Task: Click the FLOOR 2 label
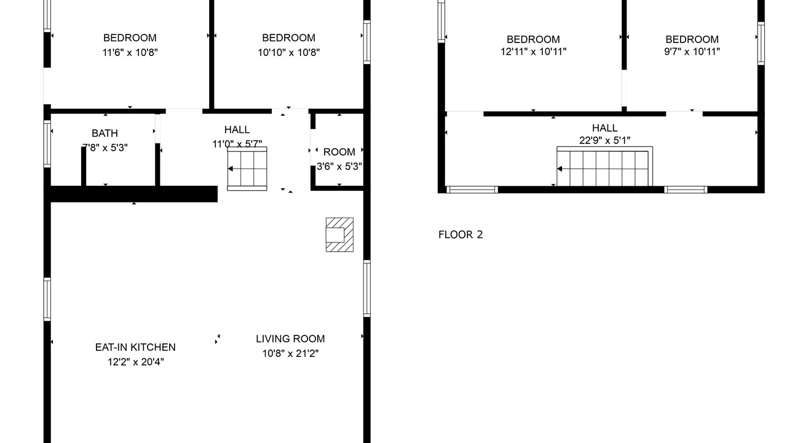(461, 234)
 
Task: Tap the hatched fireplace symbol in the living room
(339, 234)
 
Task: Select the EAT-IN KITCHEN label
(135, 347)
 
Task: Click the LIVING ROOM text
(290, 338)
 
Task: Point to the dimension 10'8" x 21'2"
(290, 353)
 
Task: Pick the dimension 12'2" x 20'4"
(136, 361)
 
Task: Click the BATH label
(105, 134)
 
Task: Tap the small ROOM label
(339, 152)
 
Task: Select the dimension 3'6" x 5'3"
(339, 166)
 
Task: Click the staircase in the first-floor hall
(247, 169)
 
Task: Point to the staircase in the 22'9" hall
(604, 166)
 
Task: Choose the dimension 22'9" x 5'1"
(604, 140)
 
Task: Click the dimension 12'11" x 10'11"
(533, 52)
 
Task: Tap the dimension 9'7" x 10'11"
(692, 52)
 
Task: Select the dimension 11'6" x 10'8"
(130, 52)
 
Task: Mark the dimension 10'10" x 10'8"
(289, 52)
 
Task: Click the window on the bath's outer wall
(47, 144)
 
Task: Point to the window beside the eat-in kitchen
(47, 299)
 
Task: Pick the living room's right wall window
(367, 289)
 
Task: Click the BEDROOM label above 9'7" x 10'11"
(692, 39)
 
